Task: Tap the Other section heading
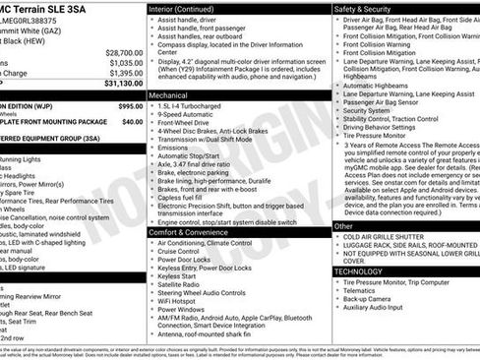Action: pos(343,226)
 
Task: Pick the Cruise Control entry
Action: pos(185,251)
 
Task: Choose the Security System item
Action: pos(369,110)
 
